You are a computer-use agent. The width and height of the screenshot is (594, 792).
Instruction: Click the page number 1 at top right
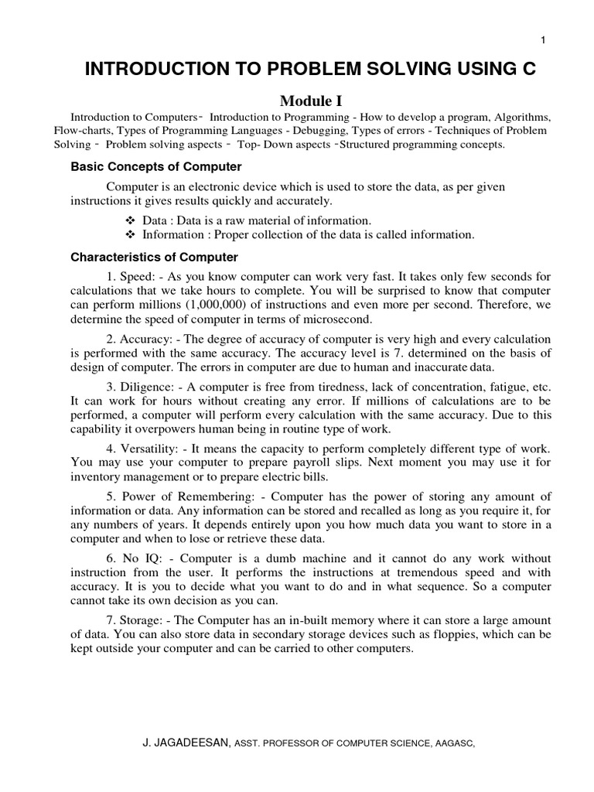click(544, 40)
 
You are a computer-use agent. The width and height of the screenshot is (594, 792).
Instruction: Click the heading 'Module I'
click(310, 100)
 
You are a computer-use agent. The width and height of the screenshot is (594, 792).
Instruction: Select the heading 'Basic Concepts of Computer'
click(156, 167)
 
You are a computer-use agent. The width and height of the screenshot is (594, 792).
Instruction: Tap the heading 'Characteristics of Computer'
click(154, 257)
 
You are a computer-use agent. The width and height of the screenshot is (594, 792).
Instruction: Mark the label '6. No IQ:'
click(131, 558)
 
